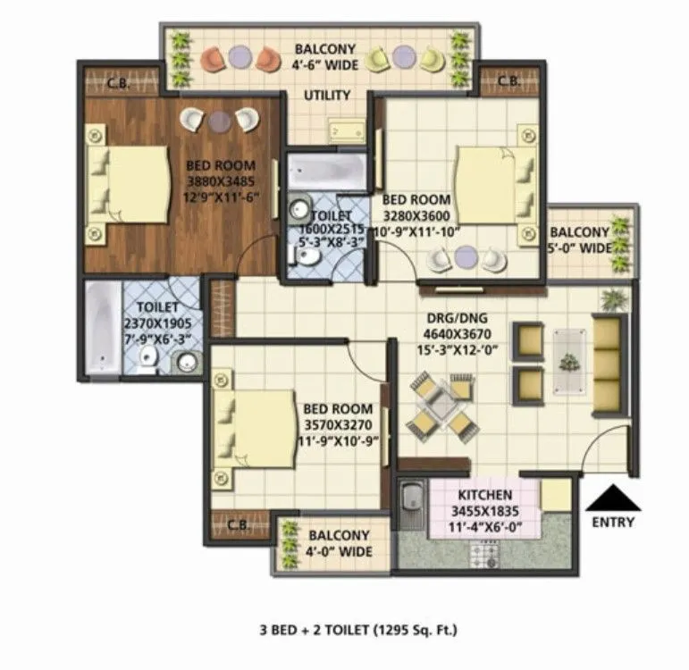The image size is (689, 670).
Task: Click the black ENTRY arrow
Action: [x=612, y=498]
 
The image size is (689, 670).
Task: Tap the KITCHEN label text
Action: [x=484, y=495]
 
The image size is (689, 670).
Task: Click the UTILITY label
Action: [x=326, y=96]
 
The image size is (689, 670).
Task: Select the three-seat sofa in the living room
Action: [x=607, y=362]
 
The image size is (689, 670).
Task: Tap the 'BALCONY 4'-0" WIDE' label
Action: [x=339, y=543]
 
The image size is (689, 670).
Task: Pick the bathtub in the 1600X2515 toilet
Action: [x=326, y=171]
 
